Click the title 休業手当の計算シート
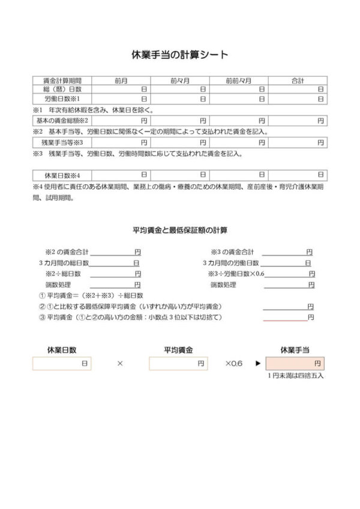tap(179, 55)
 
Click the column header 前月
tap(121, 80)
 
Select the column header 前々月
tap(180, 80)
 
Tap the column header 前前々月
tap(239, 80)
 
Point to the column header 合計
tap(298, 80)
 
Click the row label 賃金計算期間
tap(62, 80)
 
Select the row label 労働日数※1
tap(62, 98)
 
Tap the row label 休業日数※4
tap(62, 175)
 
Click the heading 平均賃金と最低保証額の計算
tap(179, 230)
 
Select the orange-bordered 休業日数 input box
tap(62, 364)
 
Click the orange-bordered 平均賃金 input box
tap(178, 364)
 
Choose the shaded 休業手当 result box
tap(295, 364)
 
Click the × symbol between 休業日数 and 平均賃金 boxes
tap(120, 364)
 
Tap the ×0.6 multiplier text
tap(234, 364)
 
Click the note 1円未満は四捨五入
tap(295, 376)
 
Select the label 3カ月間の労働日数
tap(230, 263)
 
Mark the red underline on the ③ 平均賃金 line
tap(285, 321)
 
